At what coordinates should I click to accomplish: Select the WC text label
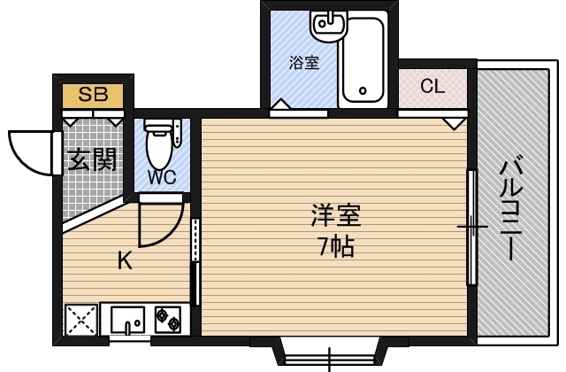click(x=161, y=176)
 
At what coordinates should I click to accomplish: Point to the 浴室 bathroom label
click(x=303, y=64)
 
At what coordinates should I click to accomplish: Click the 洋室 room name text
click(x=335, y=215)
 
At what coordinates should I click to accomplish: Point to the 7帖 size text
click(x=335, y=246)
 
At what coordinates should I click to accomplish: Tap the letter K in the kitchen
click(x=126, y=260)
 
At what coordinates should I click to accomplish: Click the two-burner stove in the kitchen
click(x=168, y=318)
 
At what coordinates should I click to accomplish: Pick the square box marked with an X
click(x=81, y=319)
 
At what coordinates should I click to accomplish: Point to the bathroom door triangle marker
click(x=281, y=107)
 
